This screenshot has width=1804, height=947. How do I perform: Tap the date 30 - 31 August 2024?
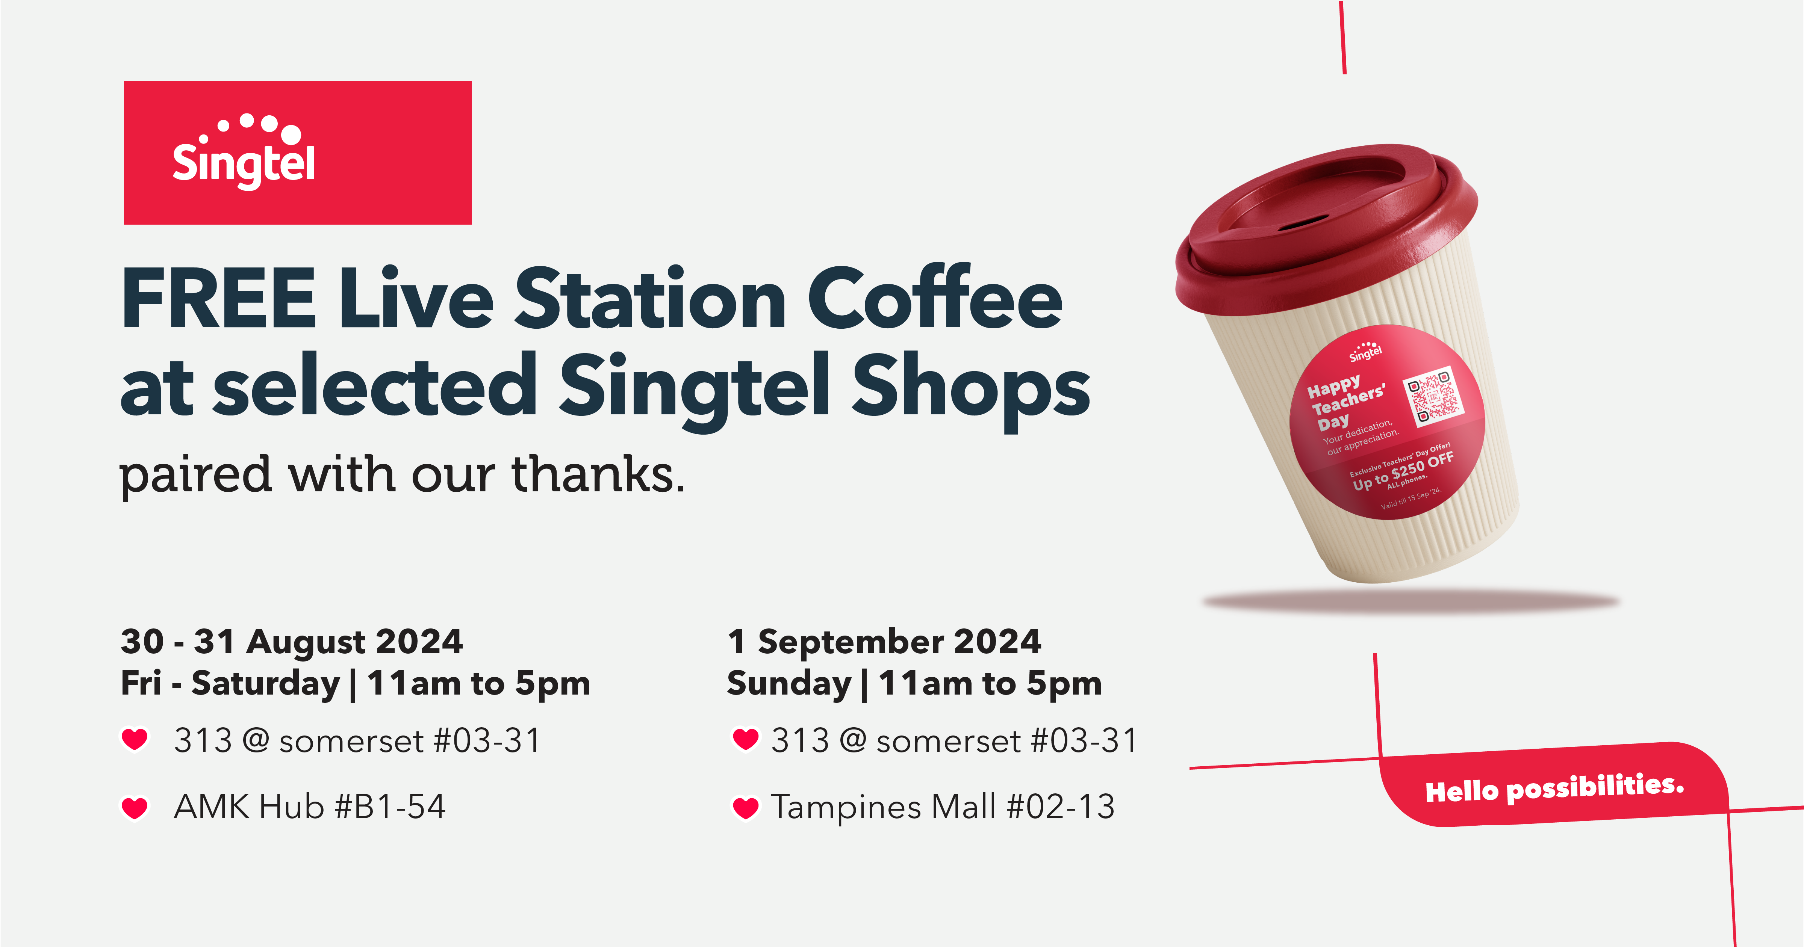pos(292,641)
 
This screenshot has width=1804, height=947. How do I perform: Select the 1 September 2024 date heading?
pos(884,641)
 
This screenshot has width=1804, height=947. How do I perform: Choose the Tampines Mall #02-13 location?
pos(943,807)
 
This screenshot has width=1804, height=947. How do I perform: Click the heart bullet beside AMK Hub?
pos(135,808)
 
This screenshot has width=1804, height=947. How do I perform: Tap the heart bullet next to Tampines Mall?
pos(745,808)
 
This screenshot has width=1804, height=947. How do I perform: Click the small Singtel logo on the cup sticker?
pos(1366,352)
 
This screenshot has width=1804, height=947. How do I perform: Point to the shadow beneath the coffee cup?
pos(1411,602)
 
